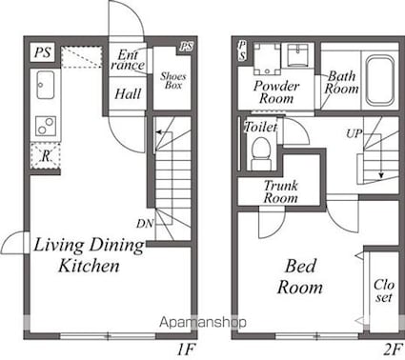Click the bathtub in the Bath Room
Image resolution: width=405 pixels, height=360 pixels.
[x=380, y=82]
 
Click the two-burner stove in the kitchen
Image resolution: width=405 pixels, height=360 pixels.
[x=46, y=126]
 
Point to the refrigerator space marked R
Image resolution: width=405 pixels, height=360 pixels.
[x=45, y=155]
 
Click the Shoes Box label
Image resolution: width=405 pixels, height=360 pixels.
[x=172, y=81]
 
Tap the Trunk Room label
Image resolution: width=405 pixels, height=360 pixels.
[x=281, y=191]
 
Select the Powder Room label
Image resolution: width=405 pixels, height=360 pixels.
[x=276, y=92]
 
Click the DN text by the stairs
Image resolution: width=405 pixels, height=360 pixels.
[x=145, y=224]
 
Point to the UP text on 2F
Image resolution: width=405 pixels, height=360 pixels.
[x=354, y=133]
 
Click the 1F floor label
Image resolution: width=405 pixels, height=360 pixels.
[x=186, y=350]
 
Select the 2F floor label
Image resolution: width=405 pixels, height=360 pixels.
[x=393, y=350]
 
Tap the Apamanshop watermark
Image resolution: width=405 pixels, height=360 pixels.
[x=203, y=322]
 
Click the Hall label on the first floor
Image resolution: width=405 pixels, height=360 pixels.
[x=128, y=94]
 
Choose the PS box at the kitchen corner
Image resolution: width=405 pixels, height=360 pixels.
[x=43, y=52]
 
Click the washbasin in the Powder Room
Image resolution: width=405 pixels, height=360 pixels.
[x=298, y=55]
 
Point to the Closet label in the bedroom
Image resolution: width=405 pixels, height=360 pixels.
[x=384, y=290]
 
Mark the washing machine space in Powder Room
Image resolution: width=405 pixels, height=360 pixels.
[x=268, y=59]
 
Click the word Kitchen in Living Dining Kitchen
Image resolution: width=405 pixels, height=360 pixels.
[x=89, y=266]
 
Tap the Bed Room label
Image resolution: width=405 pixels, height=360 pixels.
[x=300, y=276]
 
